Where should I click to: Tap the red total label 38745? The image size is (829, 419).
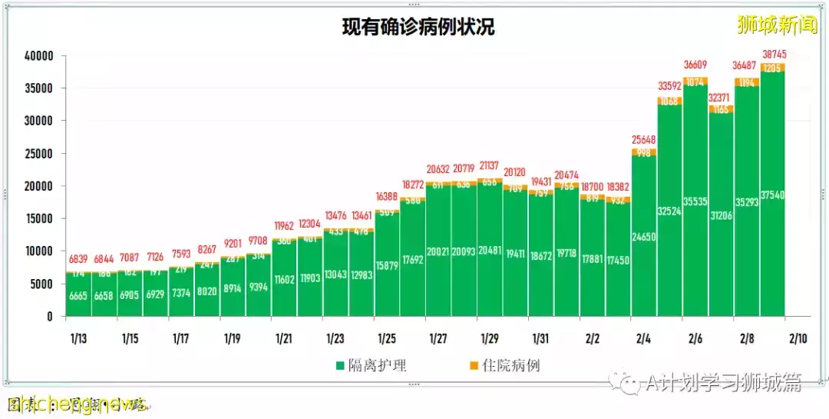coord(773,55)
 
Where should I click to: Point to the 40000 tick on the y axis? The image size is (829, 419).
coord(38,56)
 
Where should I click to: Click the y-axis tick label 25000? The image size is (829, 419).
coord(38,154)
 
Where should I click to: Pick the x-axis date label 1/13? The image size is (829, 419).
coord(78,338)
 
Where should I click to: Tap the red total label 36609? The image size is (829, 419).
coord(695,66)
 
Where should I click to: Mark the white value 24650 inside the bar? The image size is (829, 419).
coord(644,237)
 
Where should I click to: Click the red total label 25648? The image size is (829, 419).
coord(644,139)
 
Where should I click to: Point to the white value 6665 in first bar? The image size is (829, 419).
coord(78,296)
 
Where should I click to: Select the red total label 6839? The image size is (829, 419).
coord(78,259)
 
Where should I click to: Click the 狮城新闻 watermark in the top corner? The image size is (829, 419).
coord(777,25)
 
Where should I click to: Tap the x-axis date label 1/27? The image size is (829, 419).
coord(438,338)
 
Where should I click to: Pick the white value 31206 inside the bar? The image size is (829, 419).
coord(722,216)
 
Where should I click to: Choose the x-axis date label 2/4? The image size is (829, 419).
coord(644,338)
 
